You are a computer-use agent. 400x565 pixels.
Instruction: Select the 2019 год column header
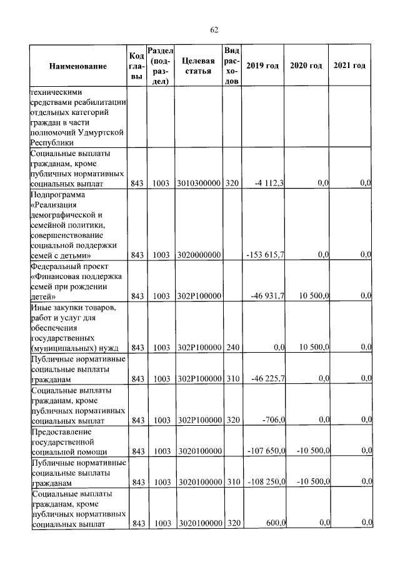tap(262, 66)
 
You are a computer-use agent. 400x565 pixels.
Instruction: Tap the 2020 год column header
tap(306, 66)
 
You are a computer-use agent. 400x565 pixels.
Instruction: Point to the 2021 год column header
tap(349, 66)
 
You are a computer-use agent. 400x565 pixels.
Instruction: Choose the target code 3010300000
tap(199, 183)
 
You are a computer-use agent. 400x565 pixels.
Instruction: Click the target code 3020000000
tap(199, 255)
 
